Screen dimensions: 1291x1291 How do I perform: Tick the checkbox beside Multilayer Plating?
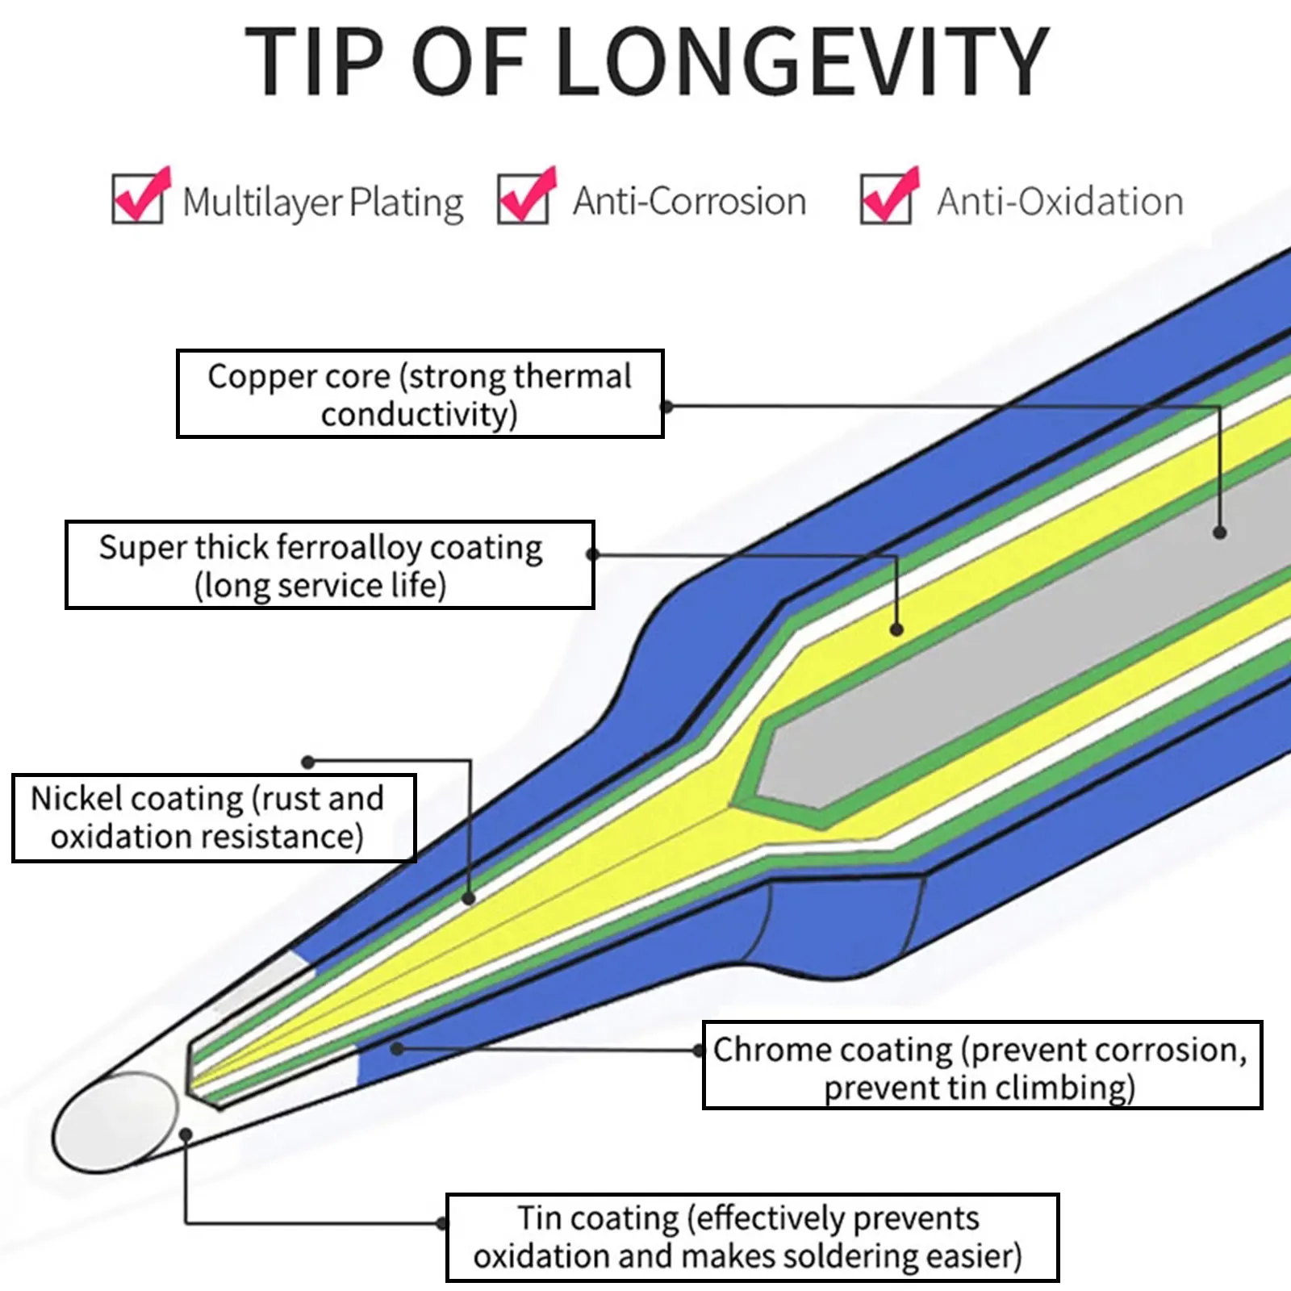137,199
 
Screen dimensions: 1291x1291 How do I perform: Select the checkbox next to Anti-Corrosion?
523,199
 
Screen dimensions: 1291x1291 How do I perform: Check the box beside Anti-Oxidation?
886,199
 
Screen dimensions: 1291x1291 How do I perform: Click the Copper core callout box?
420,394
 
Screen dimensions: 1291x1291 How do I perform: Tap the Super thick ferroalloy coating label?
329,565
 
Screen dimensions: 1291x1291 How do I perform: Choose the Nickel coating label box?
214,818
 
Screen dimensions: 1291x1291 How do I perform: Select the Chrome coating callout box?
982,1065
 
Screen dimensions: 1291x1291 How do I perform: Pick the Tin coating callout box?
752,1237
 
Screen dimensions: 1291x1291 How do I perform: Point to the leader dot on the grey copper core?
1220,533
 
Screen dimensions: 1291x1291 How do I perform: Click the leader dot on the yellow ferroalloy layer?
896,629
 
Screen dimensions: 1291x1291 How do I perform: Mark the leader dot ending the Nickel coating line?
469,898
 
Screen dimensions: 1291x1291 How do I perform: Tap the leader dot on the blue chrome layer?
396,1048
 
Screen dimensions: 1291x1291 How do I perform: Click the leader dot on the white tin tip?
186,1134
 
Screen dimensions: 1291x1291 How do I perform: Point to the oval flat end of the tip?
115,1122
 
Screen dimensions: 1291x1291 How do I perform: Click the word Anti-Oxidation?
1059,201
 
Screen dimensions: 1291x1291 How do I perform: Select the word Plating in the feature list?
407,203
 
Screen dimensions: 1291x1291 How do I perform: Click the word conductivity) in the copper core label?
419,415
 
